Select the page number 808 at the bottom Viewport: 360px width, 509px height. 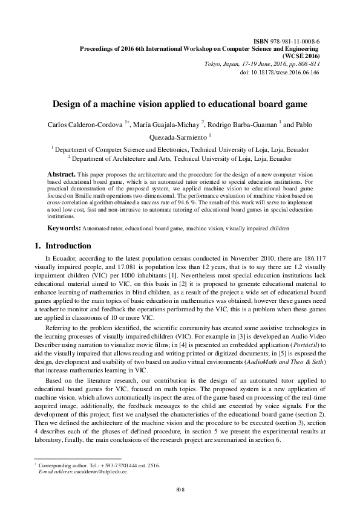(179, 488)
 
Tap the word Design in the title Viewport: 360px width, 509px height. (68, 103)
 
